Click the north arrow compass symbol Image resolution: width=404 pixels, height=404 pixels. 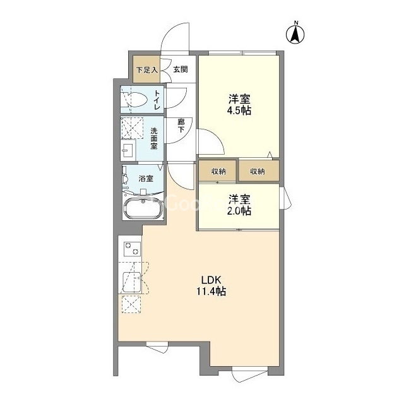(x=295, y=33)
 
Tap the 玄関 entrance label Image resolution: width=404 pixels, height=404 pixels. (x=181, y=69)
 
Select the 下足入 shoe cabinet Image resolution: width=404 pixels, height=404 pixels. (x=146, y=69)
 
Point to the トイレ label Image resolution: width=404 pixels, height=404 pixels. (x=157, y=100)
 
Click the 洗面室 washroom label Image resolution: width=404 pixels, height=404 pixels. (x=154, y=139)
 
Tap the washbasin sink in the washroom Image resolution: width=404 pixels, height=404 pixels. (x=128, y=150)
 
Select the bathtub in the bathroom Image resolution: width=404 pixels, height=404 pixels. (x=143, y=208)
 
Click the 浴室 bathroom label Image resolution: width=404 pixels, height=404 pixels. (x=146, y=178)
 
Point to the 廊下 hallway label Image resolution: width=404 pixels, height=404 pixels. (x=181, y=126)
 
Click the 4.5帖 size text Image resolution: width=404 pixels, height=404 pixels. (x=239, y=110)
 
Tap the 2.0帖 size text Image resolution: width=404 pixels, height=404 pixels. (x=239, y=211)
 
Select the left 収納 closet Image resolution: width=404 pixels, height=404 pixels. (x=218, y=171)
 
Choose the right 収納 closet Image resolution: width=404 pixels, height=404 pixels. (x=259, y=171)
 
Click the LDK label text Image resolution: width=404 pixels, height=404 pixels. (x=211, y=279)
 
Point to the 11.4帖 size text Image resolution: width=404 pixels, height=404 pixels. (x=211, y=291)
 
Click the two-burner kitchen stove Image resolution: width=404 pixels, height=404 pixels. (x=133, y=249)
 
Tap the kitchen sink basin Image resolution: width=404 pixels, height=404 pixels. (x=132, y=282)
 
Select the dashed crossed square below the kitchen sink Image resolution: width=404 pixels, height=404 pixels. (x=131, y=304)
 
